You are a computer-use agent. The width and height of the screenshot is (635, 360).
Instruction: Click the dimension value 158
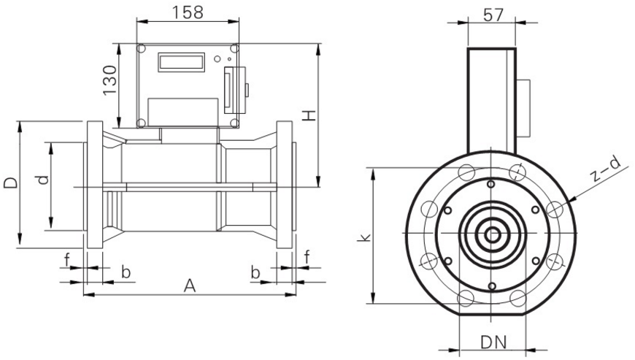(187, 12)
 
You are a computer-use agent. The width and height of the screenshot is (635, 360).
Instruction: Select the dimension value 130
(110, 80)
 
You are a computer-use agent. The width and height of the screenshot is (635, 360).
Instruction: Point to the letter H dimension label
(309, 115)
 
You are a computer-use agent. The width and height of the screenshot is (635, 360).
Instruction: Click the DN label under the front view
(493, 342)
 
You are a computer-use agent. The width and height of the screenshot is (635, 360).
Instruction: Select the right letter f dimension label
(307, 256)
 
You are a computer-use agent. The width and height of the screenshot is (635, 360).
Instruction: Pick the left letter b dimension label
(126, 272)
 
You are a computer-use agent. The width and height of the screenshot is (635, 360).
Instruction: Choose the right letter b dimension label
(256, 272)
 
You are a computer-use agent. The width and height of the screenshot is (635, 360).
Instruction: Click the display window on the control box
(180, 61)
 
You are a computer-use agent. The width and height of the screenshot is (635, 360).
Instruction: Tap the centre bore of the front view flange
(493, 234)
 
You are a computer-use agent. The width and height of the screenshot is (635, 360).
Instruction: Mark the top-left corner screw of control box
(142, 49)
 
